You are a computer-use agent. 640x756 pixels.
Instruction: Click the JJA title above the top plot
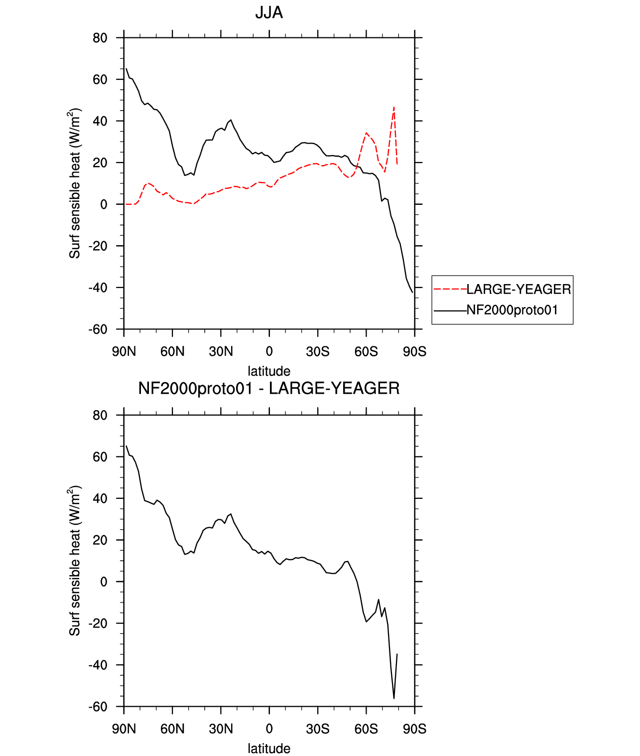tap(268, 13)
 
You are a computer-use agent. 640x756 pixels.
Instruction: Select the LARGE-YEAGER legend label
tap(518, 290)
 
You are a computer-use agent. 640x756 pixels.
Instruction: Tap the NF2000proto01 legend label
tap(512, 310)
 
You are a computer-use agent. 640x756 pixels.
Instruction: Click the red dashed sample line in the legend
tap(450, 290)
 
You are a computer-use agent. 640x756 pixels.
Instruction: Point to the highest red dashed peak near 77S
tap(393, 107)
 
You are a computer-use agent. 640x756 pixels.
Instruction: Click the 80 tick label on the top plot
tap(100, 38)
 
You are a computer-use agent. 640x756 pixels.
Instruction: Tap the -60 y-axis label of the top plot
tap(98, 329)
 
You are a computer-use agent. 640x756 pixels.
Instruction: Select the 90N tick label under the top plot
tap(124, 351)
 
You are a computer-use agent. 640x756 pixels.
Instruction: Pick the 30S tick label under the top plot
tap(318, 351)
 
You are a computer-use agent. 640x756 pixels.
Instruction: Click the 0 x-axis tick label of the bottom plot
tap(269, 729)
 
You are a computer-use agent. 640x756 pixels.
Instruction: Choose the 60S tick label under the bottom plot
tap(366, 729)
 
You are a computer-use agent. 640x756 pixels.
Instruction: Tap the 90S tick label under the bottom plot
tap(414, 729)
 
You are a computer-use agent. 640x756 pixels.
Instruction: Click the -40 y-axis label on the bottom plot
tap(98, 665)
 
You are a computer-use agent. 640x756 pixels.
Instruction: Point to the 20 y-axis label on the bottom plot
tap(100, 540)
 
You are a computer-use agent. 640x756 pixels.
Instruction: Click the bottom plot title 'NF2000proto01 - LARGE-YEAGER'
tap(268, 388)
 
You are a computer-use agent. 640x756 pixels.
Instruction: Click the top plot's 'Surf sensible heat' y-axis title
tap(74, 183)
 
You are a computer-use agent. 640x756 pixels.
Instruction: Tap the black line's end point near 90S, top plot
tap(413, 292)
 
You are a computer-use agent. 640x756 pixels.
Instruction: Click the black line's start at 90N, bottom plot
tap(126, 446)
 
